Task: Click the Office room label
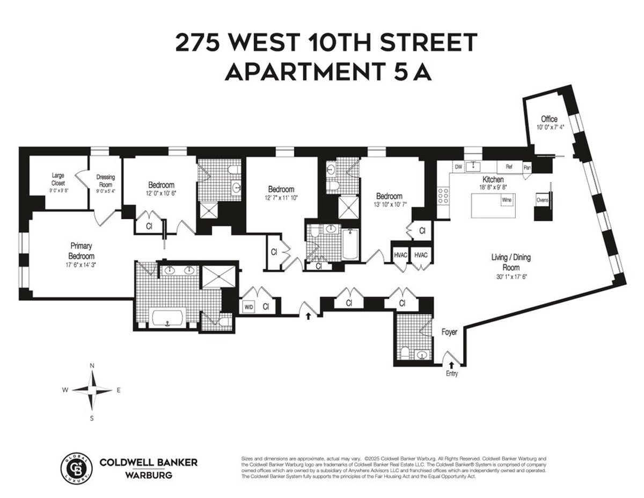click(549, 119)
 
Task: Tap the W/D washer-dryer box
click(249, 307)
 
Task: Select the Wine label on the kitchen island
click(507, 200)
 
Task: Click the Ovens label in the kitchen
click(542, 200)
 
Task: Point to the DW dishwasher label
click(458, 167)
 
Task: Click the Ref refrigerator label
click(509, 167)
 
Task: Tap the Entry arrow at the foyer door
click(451, 365)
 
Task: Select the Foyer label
click(450, 333)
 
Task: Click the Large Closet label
click(58, 179)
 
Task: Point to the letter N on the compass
click(92, 366)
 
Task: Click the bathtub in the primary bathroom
click(169, 318)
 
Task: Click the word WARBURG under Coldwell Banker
click(149, 474)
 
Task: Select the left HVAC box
click(400, 255)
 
